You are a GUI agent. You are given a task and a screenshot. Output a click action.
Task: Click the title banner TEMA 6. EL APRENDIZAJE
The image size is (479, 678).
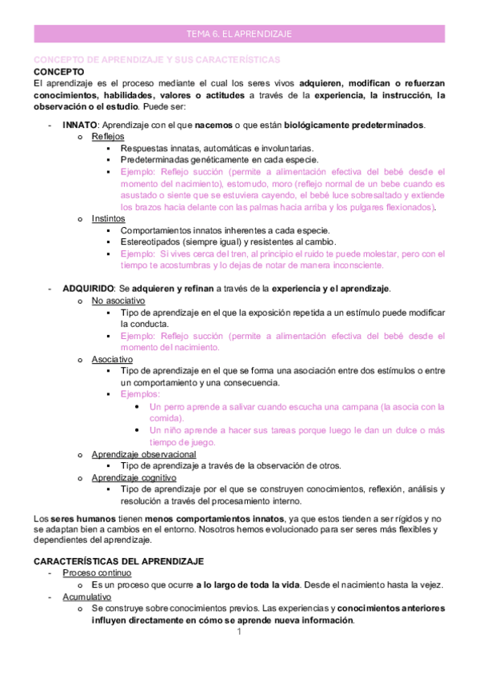pyautogui.click(x=239, y=34)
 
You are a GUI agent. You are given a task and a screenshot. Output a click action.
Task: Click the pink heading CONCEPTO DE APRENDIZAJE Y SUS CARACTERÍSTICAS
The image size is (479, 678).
pyautogui.click(x=156, y=60)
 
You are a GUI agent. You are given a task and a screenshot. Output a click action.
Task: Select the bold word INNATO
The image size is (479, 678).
pyautogui.click(x=80, y=125)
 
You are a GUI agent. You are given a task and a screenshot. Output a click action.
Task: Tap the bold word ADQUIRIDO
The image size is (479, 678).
pyautogui.click(x=87, y=288)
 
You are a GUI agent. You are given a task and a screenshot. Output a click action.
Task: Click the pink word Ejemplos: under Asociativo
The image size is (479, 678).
pyautogui.click(x=140, y=394)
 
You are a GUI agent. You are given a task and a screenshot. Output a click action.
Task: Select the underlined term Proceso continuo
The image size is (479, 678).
pyautogui.click(x=98, y=572)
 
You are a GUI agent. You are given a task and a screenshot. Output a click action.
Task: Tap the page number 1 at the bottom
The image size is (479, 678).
pyautogui.click(x=238, y=632)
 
